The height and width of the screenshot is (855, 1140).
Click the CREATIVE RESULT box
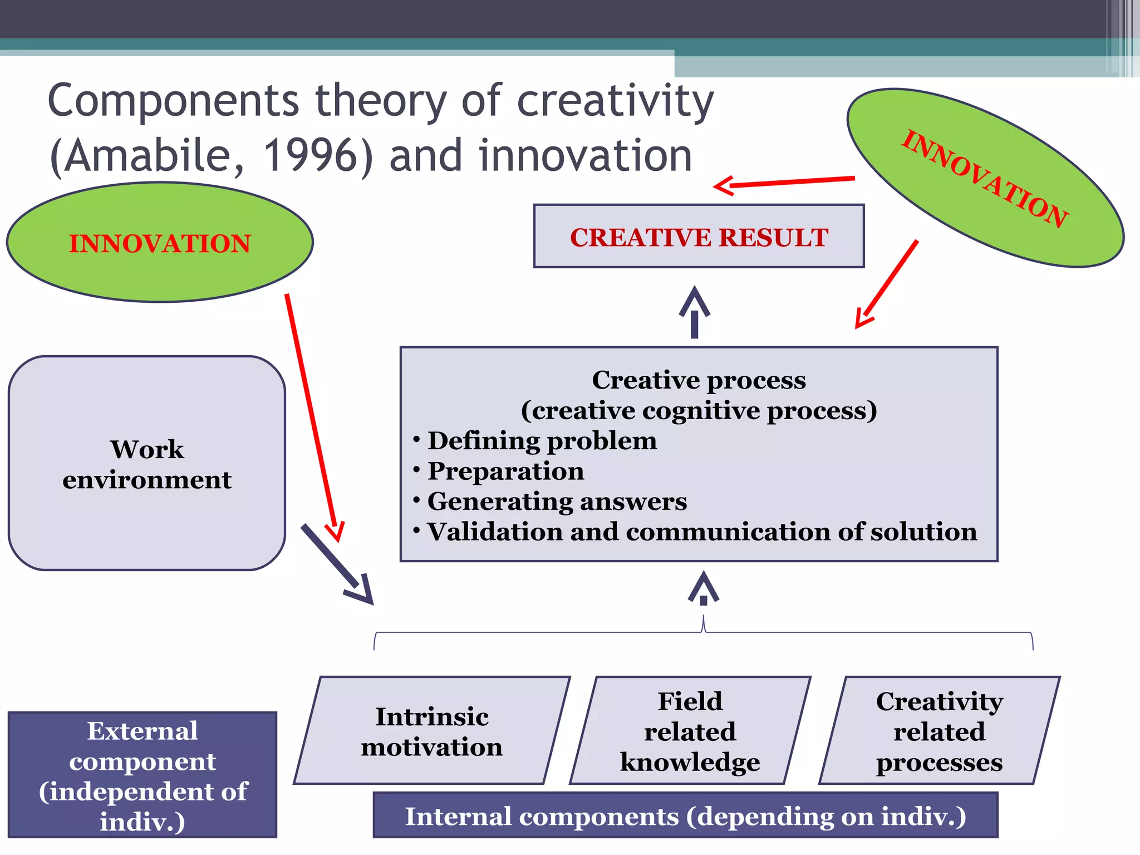tap(699, 237)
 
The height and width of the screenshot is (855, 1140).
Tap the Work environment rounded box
tap(147, 464)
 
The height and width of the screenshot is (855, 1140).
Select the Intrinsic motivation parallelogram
tap(432, 731)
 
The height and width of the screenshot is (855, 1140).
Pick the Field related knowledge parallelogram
tap(690, 731)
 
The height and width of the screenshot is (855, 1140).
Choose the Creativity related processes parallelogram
tap(940, 731)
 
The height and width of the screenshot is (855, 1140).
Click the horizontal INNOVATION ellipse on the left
tap(160, 243)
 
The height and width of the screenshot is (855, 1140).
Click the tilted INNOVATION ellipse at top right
tap(985, 178)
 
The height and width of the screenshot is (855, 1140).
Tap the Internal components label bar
tap(685, 816)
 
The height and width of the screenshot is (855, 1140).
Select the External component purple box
tap(142, 775)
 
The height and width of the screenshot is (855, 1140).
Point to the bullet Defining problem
tap(542, 441)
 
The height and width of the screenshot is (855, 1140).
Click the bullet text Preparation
tap(505, 471)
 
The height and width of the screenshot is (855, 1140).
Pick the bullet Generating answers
tap(557, 501)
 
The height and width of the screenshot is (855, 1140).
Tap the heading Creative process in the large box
tap(699, 380)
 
